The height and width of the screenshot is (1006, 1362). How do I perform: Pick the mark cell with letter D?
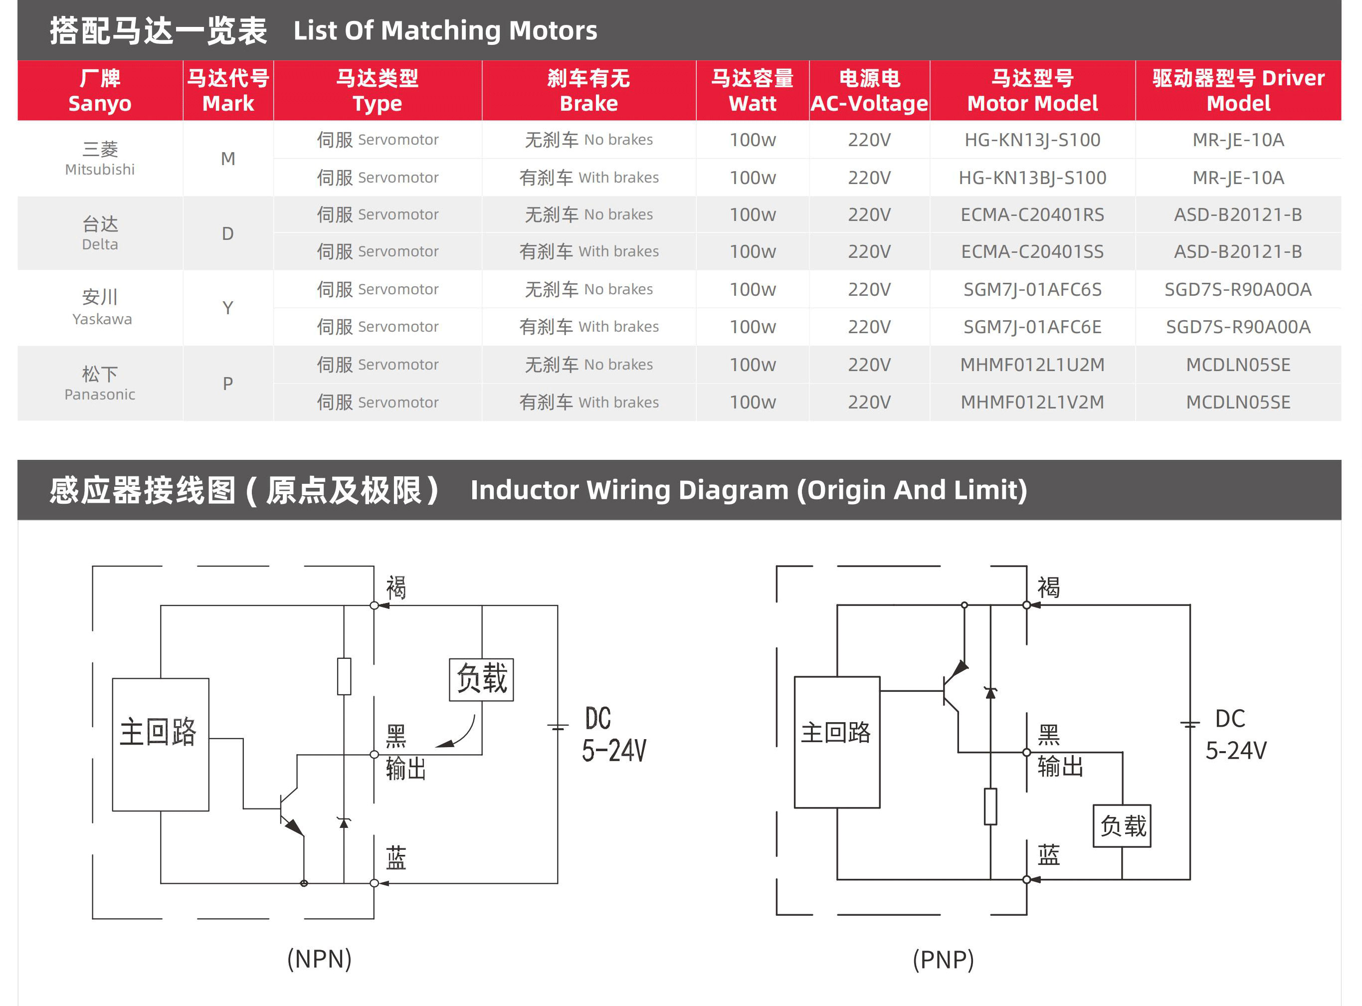(228, 234)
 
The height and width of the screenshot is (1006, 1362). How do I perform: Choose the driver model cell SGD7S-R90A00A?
(1238, 327)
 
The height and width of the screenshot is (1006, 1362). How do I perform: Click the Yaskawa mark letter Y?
(228, 308)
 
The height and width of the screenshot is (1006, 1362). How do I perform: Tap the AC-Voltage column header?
(869, 91)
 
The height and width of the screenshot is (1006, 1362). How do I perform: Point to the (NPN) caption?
(319, 959)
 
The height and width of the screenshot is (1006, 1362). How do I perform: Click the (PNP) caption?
(943, 960)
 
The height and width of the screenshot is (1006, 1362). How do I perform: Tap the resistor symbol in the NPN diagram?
(344, 676)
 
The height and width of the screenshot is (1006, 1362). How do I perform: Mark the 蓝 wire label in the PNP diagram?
(1048, 855)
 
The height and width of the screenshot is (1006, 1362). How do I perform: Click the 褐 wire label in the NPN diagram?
(396, 588)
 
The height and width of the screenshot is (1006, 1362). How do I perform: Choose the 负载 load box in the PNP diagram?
(1122, 826)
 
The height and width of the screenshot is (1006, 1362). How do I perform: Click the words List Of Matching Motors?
(445, 30)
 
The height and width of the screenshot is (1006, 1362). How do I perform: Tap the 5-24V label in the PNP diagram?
(1236, 751)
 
